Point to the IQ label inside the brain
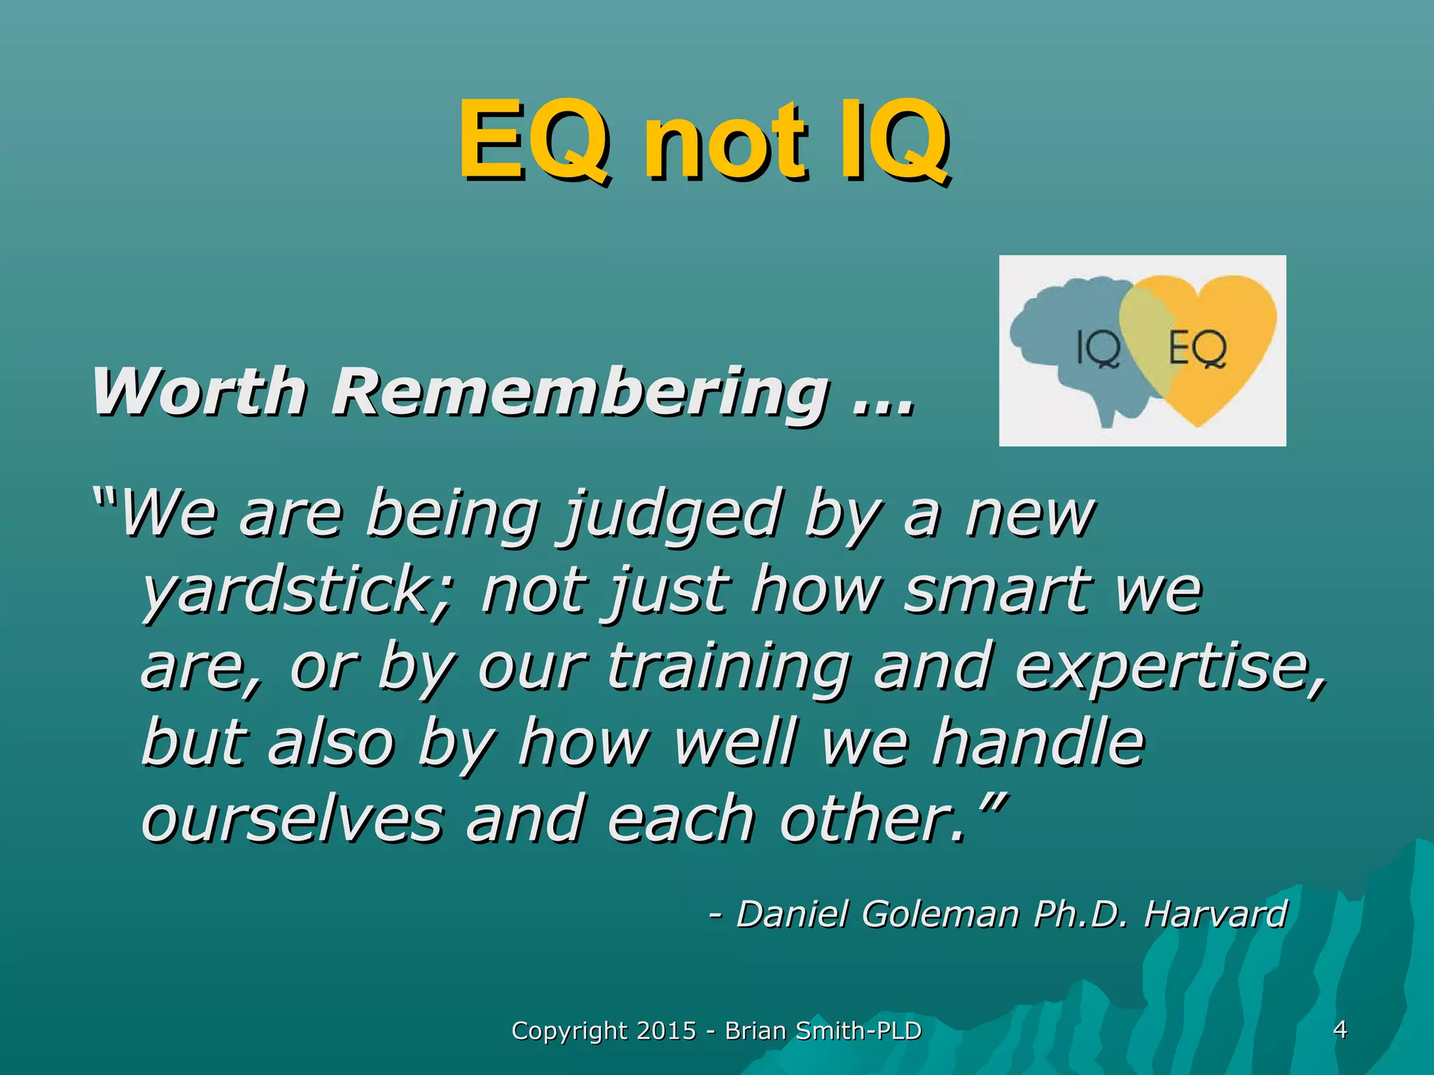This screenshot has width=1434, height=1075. pos(1097,348)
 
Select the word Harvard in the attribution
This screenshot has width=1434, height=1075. pos(1216,914)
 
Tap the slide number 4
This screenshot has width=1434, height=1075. pos(1340,1030)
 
